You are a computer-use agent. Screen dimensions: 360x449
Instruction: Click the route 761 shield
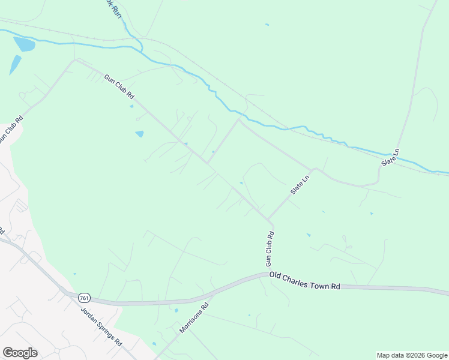pos(84,297)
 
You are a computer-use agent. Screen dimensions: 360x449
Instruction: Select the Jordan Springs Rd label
pos(101,326)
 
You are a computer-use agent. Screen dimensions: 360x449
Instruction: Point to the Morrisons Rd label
pos(194,319)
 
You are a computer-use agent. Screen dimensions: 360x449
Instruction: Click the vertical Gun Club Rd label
pos(270,249)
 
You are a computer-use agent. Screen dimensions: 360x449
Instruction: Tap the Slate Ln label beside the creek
pos(391,158)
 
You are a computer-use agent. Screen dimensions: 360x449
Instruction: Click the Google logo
pos(20,353)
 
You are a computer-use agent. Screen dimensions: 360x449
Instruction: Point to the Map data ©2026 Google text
pos(411,355)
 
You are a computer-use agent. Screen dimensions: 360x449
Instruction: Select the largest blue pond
pos(24,44)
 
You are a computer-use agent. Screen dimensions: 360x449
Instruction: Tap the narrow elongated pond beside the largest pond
pos(15,65)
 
